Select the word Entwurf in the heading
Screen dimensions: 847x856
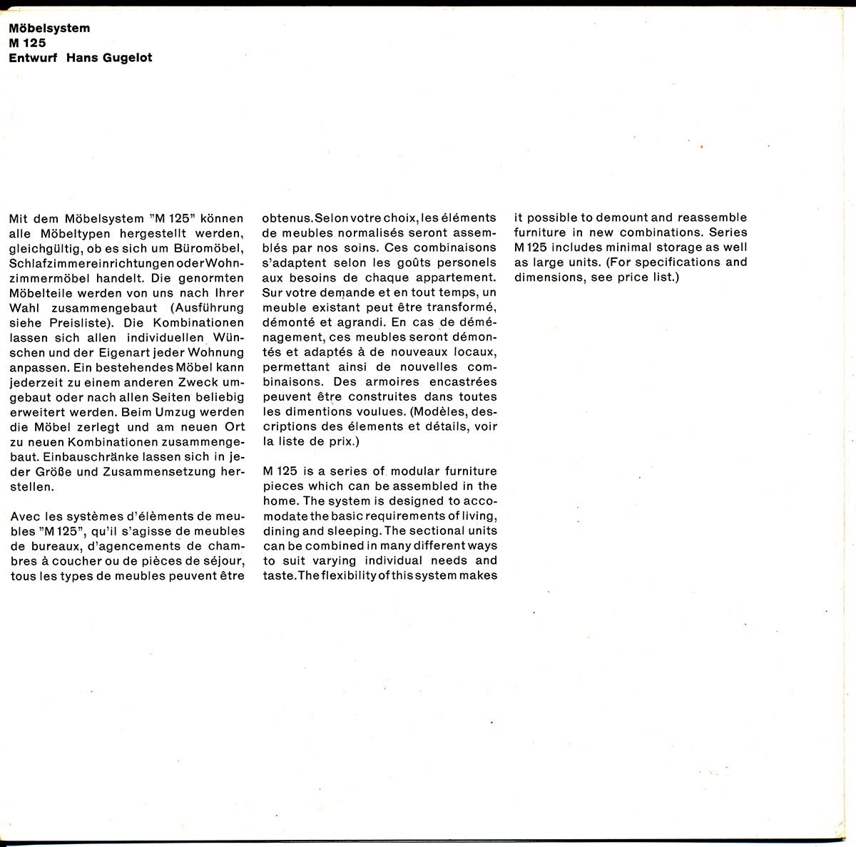pos(32,58)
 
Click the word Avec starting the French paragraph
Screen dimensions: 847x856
pos(24,516)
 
